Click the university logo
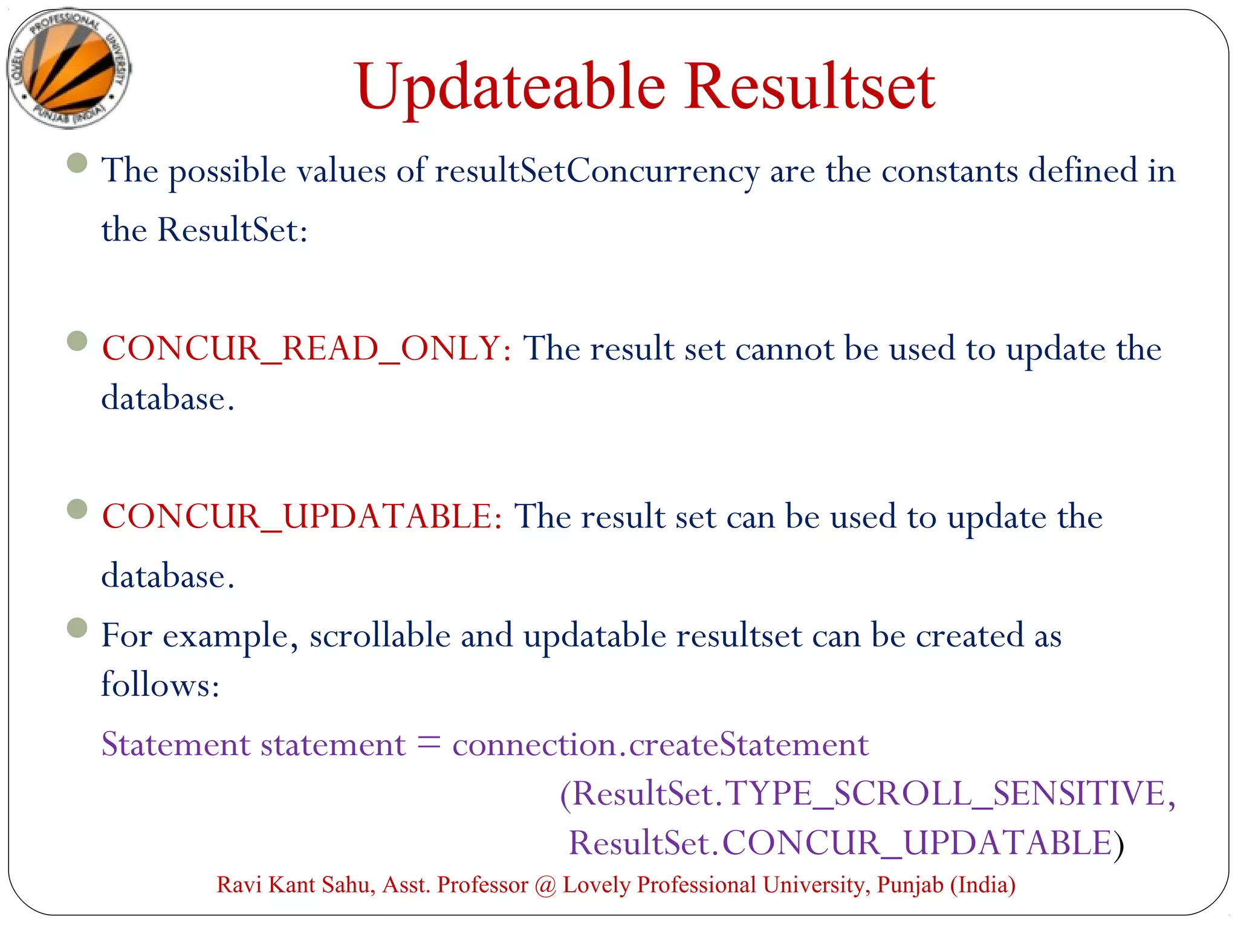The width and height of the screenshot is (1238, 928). tap(68, 68)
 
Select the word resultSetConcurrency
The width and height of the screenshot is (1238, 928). tap(597, 171)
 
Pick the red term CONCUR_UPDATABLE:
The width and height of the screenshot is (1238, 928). tap(302, 517)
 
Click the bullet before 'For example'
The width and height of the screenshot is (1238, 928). tap(77, 627)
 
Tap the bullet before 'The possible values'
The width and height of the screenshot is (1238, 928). tap(77, 163)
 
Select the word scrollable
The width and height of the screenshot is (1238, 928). tap(380, 636)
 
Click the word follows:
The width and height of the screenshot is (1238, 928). tap(160, 685)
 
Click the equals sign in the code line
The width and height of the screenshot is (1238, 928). tap(429, 743)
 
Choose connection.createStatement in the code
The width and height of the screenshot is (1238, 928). tap(660, 744)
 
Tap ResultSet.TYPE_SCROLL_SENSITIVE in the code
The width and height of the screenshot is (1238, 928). tap(867, 794)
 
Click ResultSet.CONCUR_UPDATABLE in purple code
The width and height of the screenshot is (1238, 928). tap(840, 843)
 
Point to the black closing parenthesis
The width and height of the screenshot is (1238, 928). tap(1119, 845)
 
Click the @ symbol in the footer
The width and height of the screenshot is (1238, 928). tap(545, 885)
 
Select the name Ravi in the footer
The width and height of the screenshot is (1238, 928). tap(239, 885)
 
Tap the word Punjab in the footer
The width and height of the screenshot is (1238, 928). tap(910, 885)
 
